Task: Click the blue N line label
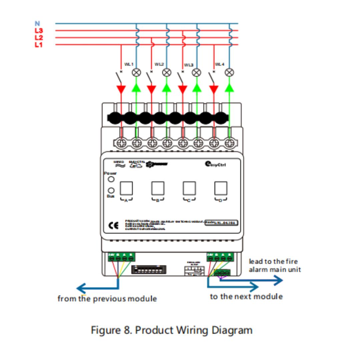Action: (x=37, y=24)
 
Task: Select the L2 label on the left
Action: (x=39, y=38)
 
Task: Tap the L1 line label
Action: (x=39, y=45)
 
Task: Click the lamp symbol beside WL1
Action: (x=136, y=72)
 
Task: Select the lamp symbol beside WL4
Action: (x=229, y=72)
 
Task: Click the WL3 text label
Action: (x=189, y=65)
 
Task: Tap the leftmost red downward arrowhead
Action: (x=121, y=89)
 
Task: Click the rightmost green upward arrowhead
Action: (x=229, y=87)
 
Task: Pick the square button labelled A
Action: (x=126, y=188)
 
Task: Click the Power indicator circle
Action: (x=111, y=179)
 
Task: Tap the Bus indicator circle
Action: (x=111, y=191)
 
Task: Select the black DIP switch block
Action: (x=149, y=269)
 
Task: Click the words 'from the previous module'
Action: (x=107, y=299)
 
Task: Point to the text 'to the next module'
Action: (x=246, y=296)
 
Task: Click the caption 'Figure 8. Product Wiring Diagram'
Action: (x=172, y=330)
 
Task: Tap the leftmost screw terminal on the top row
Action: (x=122, y=143)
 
